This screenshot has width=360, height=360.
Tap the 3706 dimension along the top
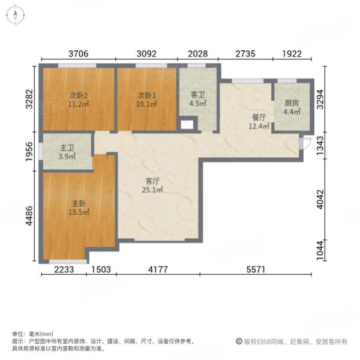pyautogui.click(x=78, y=53)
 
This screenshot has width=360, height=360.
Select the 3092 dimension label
pyautogui.click(x=146, y=53)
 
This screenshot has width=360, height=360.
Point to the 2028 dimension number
pyautogui.click(x=197, y=53)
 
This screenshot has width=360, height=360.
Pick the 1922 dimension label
pyautogui.click(x=293, y=53)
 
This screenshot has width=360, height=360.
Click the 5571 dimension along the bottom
pyautogui.click(x=258, y=270)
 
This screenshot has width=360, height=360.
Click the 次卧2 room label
pyautogui.click(x=77, y=95)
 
